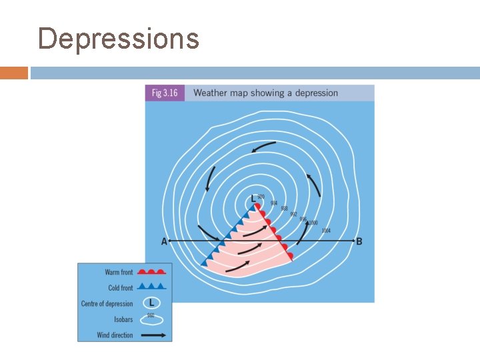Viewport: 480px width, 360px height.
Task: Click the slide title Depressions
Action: click(x=119, y=39)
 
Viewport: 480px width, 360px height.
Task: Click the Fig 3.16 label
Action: click(x=165, y=93)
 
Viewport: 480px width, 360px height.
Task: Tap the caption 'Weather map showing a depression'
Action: click(x=265, y=93)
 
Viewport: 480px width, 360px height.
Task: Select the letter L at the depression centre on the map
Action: click(x=253, y=199)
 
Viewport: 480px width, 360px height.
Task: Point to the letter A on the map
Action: click(x=164, y=241)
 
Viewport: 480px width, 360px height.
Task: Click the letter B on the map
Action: click(x=359, y=241)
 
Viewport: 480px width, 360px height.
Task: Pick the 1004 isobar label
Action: click(x=326, y=231)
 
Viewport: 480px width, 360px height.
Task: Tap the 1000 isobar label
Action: click(x=313, y=223)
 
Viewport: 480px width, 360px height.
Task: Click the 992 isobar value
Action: click(x=293, y=214)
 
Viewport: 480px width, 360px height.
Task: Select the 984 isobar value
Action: click(x=273, y=203)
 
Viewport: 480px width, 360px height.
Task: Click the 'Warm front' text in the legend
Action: click(x=119, y=272)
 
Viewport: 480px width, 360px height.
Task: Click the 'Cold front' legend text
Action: click(x=121, y=288)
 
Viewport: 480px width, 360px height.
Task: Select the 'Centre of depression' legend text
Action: click(x=107, y=304)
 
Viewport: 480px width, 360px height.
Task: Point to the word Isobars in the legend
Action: click(x=123, y=320)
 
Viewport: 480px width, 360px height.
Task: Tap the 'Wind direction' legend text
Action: click(x=115, y=335)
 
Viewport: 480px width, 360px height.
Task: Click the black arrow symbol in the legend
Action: click(x=153, y=335)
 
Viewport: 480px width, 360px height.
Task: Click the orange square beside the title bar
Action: click(x=14, y=73)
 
